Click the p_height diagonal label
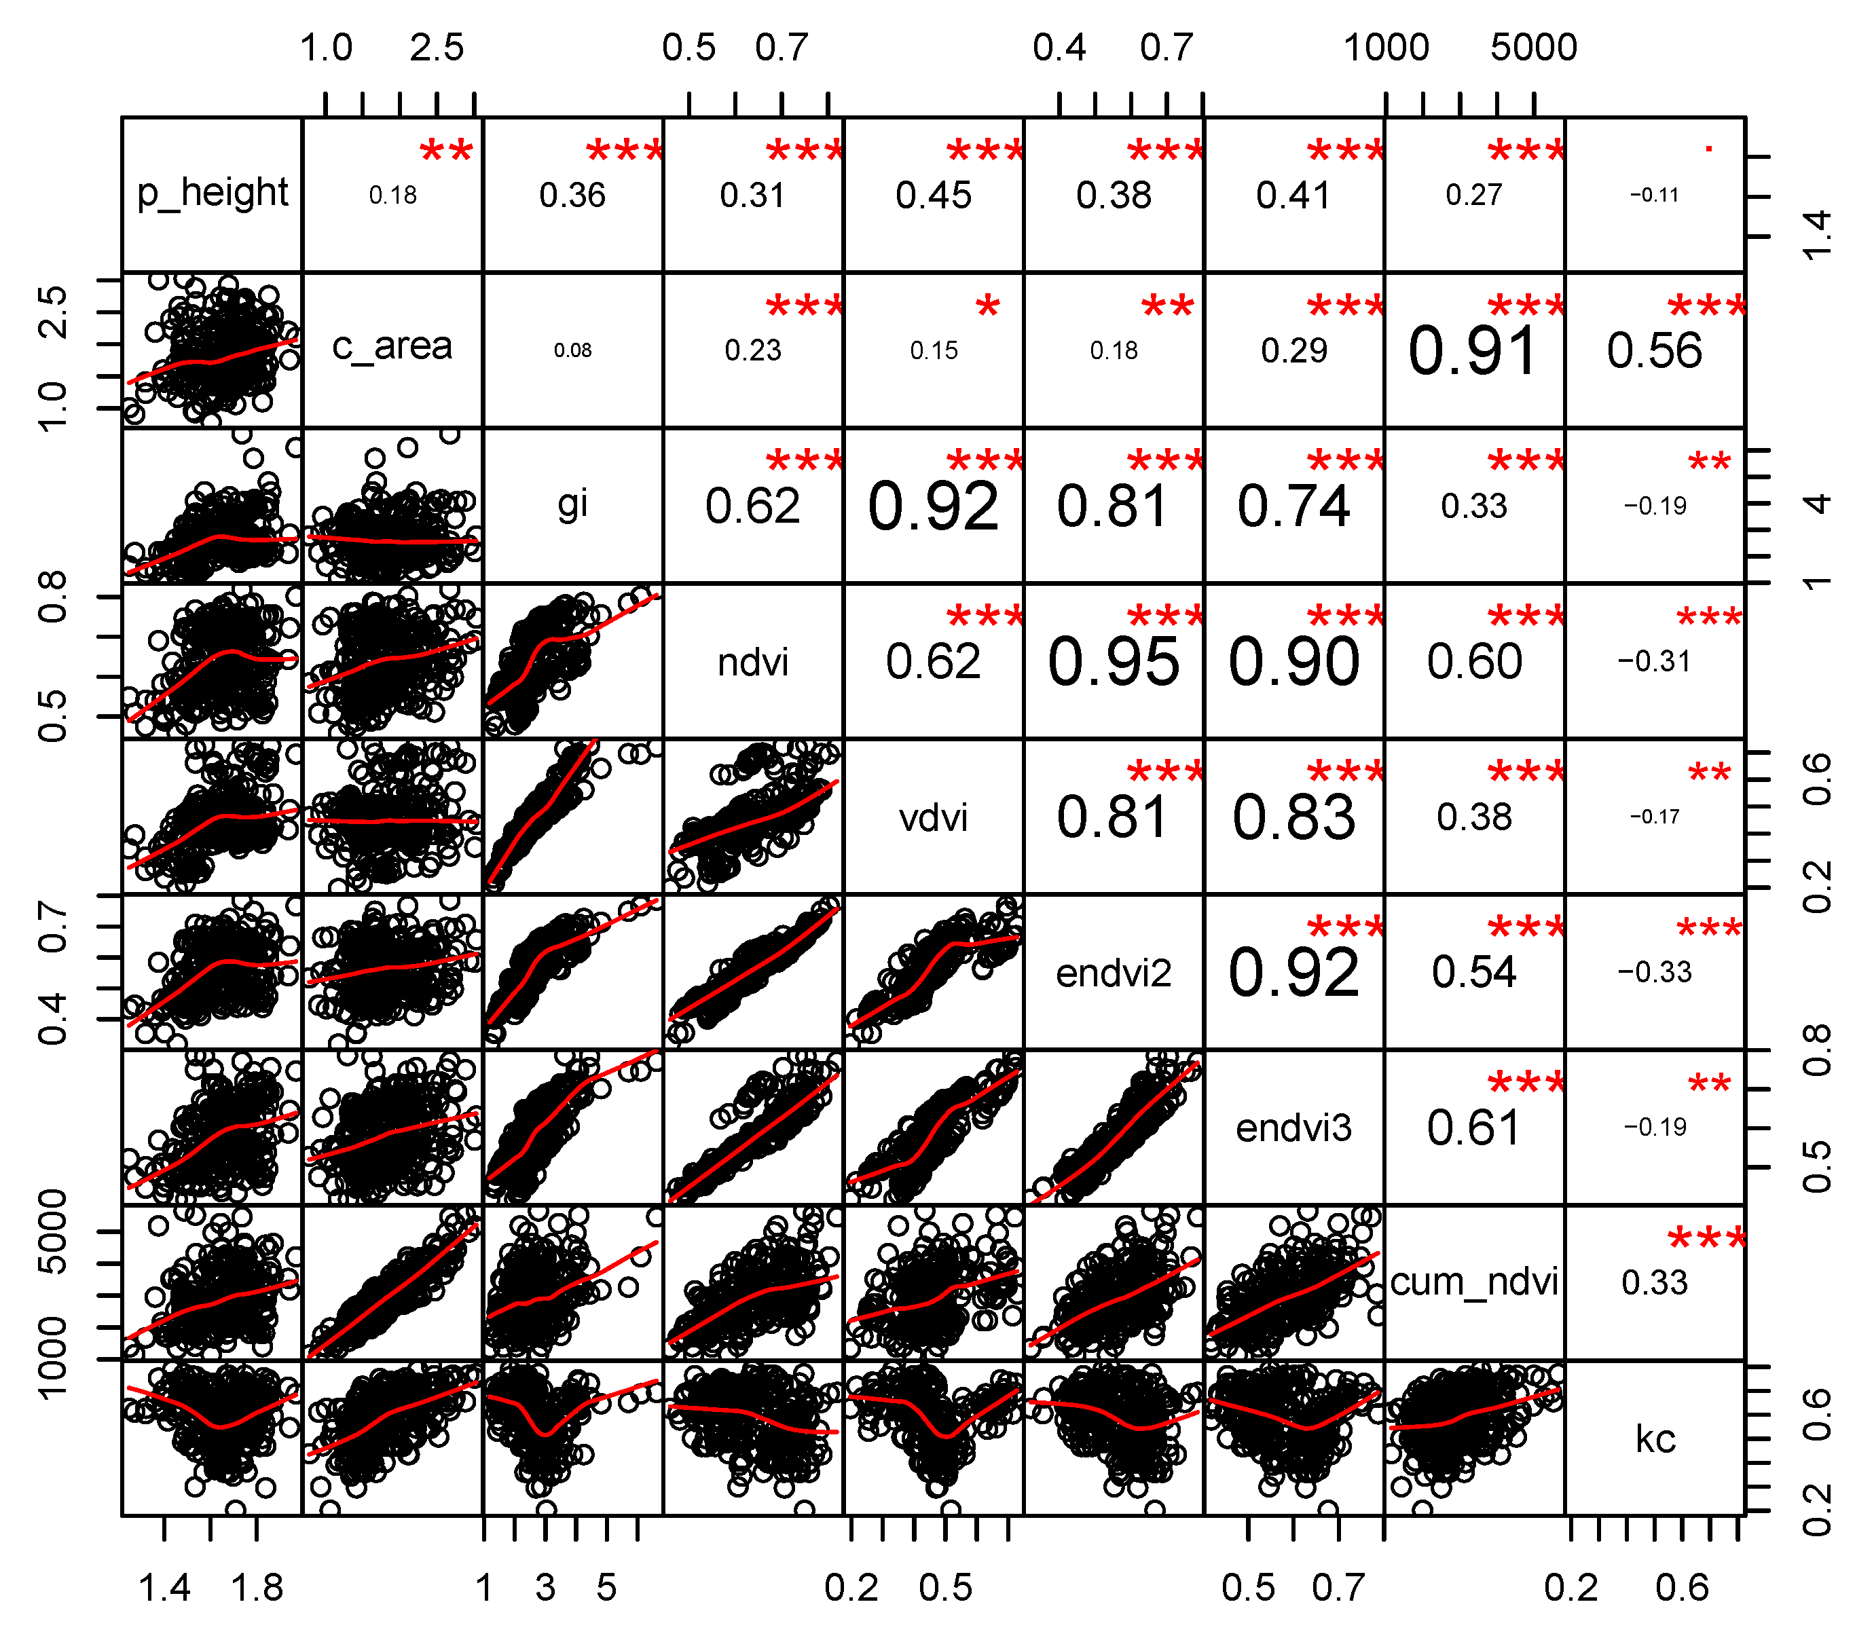point(213,193)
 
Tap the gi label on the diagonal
point(572,504)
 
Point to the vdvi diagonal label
point(933,817)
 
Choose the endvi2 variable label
point(1114,973)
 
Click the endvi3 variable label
point(1293,1128)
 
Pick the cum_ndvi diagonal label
point(1474,1282)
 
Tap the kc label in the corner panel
point(1655,1439)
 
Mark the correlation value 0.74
point(1293,506)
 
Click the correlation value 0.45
point(933,195)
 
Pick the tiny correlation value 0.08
point(572,350)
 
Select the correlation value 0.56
point(1655,351)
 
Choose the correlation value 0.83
point(1293,817)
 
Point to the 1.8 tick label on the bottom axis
point(257,1588)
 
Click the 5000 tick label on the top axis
point(1534,48)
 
